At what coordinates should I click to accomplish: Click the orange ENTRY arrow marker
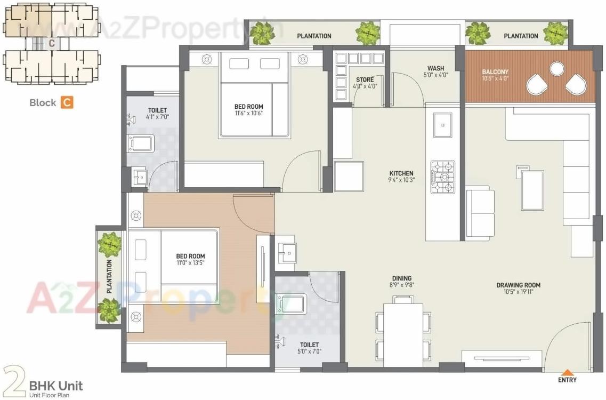click(568, 372)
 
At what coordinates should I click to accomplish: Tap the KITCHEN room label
click(401, 173)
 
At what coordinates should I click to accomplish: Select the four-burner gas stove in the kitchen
click(442, 177)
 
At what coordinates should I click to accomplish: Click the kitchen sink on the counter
click(442, 125)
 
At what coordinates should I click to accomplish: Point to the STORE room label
click(365, 80)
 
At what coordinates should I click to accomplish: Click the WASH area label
click(435, 68)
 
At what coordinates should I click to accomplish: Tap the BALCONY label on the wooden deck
click(495, 71)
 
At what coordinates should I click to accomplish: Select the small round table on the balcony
click(557, 69)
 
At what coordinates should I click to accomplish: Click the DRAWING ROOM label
click(518, 285)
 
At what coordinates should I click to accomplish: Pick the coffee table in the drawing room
click(532, 190)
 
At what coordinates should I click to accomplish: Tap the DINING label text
click(402, 278)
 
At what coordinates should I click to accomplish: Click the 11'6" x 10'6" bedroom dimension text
click(249, 113)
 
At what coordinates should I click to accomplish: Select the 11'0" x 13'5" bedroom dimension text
click(190, 263)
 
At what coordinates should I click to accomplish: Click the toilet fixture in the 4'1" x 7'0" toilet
click(141, 143)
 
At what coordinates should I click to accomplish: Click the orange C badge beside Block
click(66, 102)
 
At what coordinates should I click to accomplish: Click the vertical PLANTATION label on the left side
click(109, 276)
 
